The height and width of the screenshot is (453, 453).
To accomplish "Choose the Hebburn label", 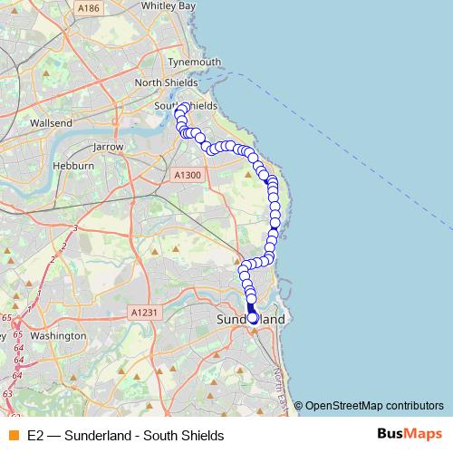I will point(75,167).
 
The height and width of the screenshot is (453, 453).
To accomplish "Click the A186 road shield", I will point(89,8).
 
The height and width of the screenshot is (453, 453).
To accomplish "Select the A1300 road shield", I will point(188,175).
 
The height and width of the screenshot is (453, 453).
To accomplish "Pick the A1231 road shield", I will point(144,313).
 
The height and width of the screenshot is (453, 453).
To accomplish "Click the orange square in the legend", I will point(13,436).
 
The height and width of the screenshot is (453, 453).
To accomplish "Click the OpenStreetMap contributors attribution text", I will point(373,405).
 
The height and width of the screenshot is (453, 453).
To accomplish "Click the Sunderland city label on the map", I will point(251,321).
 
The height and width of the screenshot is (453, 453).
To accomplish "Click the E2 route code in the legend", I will point(35,436).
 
